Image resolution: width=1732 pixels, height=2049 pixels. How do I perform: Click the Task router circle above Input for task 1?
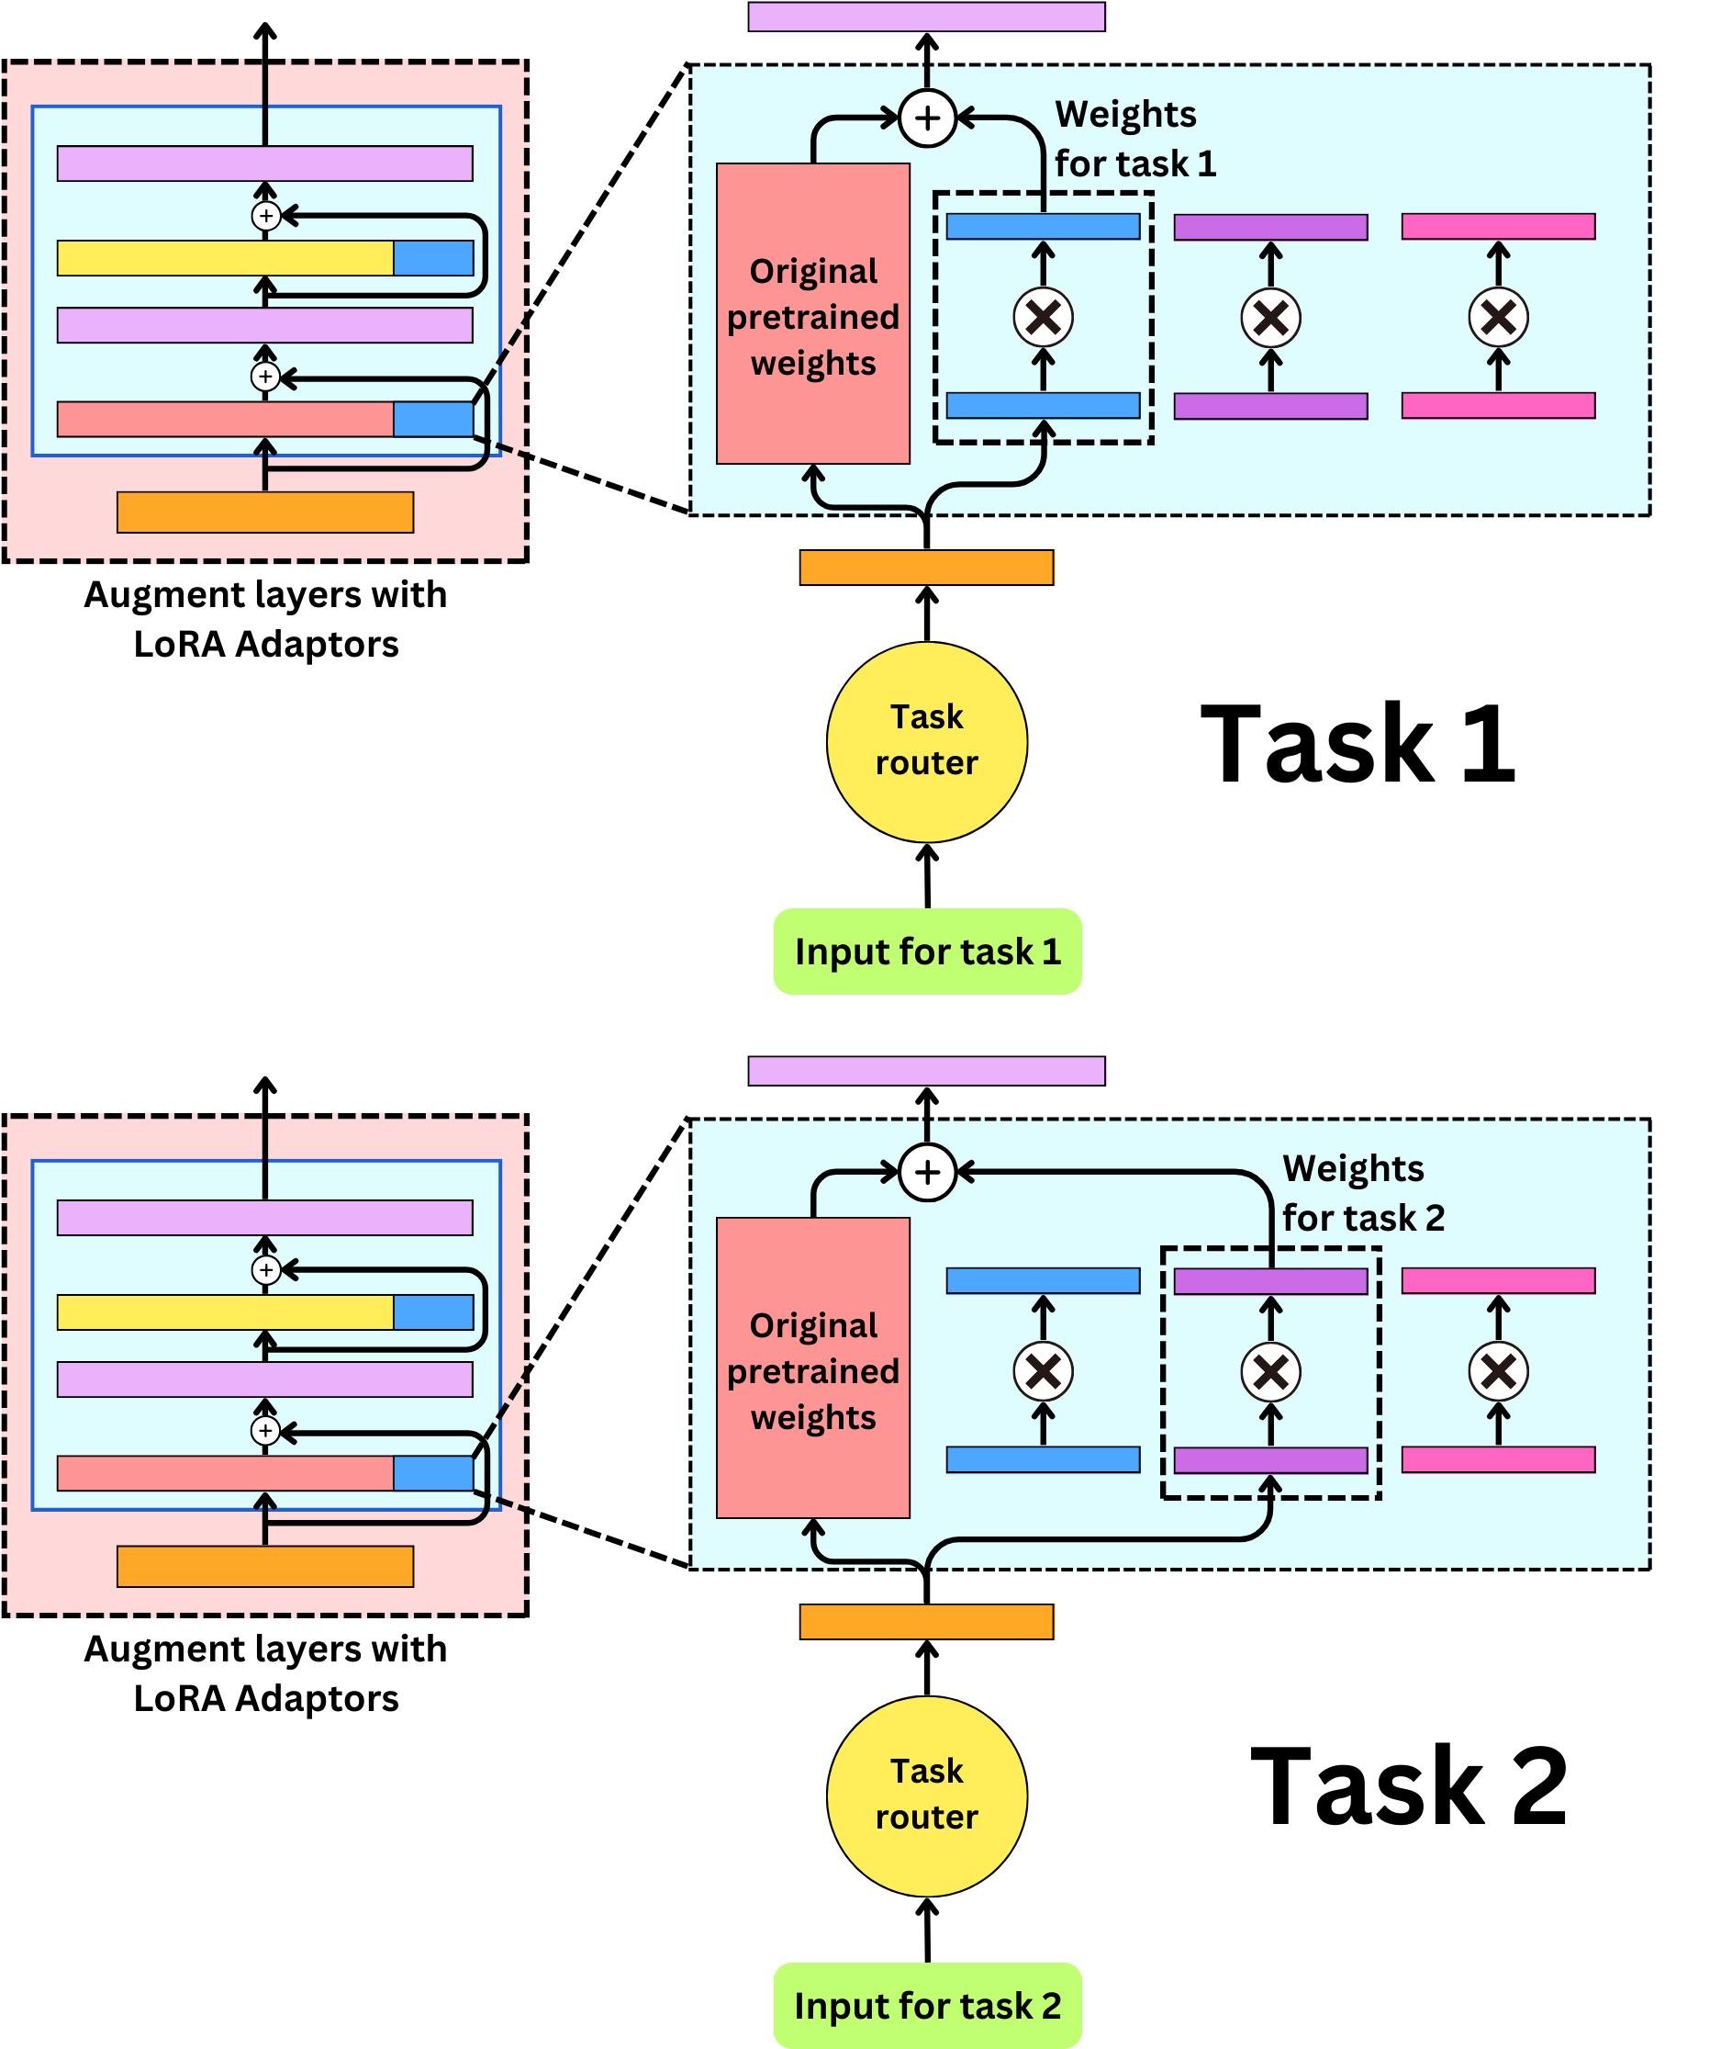(926, 741)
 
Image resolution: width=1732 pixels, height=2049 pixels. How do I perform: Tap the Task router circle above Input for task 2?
(926, 1796)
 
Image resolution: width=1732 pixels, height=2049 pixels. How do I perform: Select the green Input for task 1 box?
(927, 951)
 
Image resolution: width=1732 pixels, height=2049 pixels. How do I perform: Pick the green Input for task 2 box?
(927, 2005)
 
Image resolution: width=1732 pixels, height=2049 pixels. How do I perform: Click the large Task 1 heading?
(1358, 745)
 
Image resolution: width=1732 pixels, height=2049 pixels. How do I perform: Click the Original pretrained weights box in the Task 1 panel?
(813, 314)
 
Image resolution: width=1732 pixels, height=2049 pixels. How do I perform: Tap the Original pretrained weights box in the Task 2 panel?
(813, 1368)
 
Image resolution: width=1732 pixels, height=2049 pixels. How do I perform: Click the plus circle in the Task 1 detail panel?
(927, 118)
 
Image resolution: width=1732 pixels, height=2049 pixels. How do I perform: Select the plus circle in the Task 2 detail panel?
(927, 1172)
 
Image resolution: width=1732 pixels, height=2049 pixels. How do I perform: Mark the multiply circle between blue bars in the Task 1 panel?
(1043, 317)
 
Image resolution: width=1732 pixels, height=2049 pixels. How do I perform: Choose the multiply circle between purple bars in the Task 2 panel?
(1270, 1371)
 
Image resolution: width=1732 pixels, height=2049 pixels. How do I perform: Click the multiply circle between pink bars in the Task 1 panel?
(1497, 317)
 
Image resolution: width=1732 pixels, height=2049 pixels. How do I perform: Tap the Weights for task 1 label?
(1134, 139)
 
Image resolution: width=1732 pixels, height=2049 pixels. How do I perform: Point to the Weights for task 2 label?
(1362, 1192)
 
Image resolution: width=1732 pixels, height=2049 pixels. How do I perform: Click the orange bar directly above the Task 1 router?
(926, 567)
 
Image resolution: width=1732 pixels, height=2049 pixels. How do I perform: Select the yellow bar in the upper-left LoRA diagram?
(225, 257)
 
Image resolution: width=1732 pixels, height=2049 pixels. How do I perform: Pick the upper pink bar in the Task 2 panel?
(1497, 1280)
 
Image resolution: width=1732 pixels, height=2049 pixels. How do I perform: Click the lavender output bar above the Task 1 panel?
(926, 17)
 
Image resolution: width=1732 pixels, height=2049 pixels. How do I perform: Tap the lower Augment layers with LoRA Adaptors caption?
(265, 1672)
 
